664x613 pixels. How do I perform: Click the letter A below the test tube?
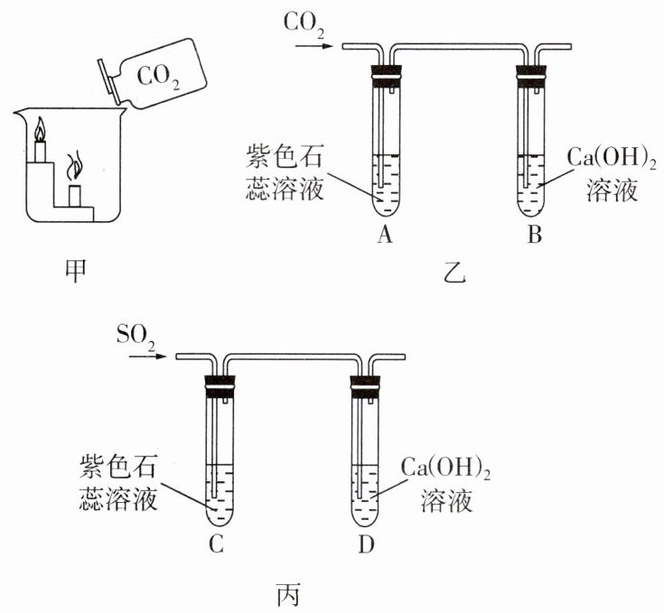tap(386, 237)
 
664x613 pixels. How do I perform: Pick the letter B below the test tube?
tap(535, 237)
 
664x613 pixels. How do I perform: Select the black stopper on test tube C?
tap(220, 386)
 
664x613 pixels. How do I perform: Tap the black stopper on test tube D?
tap(365, 386)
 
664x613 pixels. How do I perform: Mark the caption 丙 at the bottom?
tap(286, 596)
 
